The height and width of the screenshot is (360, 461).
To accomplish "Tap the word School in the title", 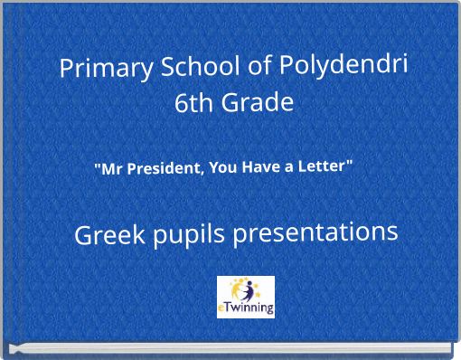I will [x=185, y=68].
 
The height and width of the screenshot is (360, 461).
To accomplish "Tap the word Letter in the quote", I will [x=325, y=166].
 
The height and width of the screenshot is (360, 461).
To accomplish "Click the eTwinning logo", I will [x=246, y=297].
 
